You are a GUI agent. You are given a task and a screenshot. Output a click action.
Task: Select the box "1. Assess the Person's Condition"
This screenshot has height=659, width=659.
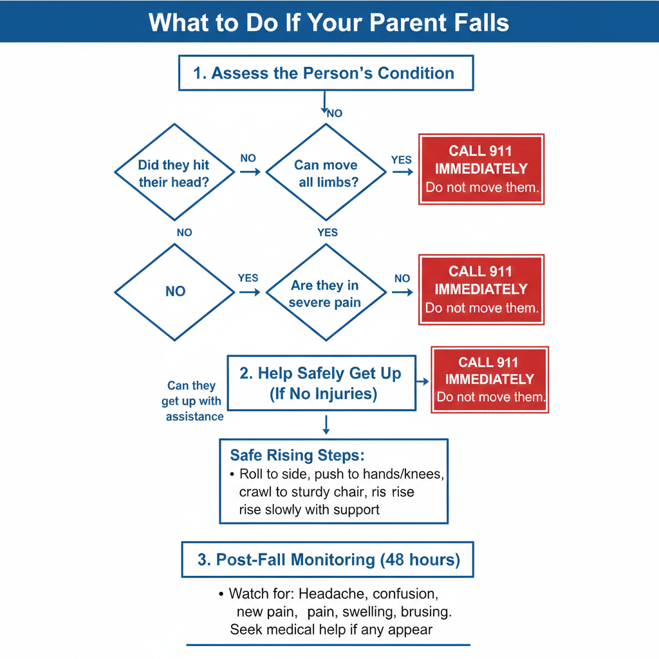(325, 73)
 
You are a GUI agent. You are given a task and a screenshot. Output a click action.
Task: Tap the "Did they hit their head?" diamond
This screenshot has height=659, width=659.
(174, 172)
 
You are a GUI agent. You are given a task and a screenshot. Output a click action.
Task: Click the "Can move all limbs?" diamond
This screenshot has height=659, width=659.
(326, 172)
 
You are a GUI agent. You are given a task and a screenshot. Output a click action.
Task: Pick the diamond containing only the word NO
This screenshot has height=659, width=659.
(174, 292)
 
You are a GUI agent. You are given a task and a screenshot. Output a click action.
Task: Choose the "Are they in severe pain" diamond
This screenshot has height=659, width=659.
(326, 293)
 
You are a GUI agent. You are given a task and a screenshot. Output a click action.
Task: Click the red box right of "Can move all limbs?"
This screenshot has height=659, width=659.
(481, 169)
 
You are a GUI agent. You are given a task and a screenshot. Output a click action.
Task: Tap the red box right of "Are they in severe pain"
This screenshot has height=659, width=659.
(481, 290)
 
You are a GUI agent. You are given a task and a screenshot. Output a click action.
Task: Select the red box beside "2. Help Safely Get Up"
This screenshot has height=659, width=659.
(490, 380)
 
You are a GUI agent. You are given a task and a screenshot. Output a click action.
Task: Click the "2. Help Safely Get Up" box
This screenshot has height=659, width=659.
(321, 383)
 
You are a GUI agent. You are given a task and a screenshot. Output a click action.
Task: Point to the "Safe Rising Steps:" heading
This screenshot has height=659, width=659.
(297, 456)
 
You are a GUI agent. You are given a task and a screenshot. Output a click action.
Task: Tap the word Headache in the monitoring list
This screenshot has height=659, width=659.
(330, 593)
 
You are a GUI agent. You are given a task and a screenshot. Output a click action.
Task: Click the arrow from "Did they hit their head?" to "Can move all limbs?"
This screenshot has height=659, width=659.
(250, 172)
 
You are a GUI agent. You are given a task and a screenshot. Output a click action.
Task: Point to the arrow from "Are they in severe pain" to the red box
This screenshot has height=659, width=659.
(402, 292)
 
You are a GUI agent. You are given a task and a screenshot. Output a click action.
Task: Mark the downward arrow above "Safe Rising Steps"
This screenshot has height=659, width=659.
(326, 424)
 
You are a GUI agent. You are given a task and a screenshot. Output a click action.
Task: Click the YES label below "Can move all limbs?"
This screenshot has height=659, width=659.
(328, 232)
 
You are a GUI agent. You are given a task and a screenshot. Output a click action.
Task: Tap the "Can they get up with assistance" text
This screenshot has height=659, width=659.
(192, 401)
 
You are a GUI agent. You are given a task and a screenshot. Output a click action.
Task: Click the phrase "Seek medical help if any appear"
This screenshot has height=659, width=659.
(331, 629)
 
